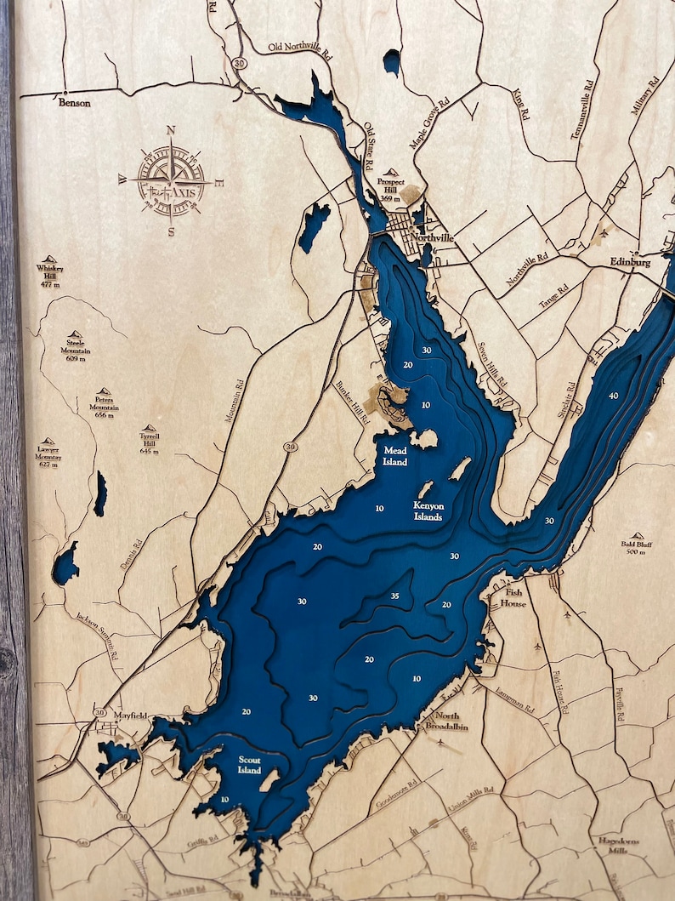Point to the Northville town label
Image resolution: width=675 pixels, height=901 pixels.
pos(432,239)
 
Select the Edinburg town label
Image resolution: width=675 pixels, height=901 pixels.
pos(630,263)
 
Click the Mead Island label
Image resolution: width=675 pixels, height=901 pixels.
pos(395,456)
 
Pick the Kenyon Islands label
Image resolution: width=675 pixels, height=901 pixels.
pos(428,510)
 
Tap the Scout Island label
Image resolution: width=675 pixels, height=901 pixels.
pos(249,765)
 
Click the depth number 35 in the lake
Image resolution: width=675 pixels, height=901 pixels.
pos(394,596)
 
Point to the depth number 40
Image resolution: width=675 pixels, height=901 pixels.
pos(613,396)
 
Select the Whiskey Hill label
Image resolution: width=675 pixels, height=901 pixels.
pos(50,276)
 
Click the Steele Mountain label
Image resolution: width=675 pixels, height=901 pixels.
pos(75,350)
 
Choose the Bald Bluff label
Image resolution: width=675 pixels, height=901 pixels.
pos(637,547)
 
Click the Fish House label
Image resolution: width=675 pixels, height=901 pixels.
pos(515,598)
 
